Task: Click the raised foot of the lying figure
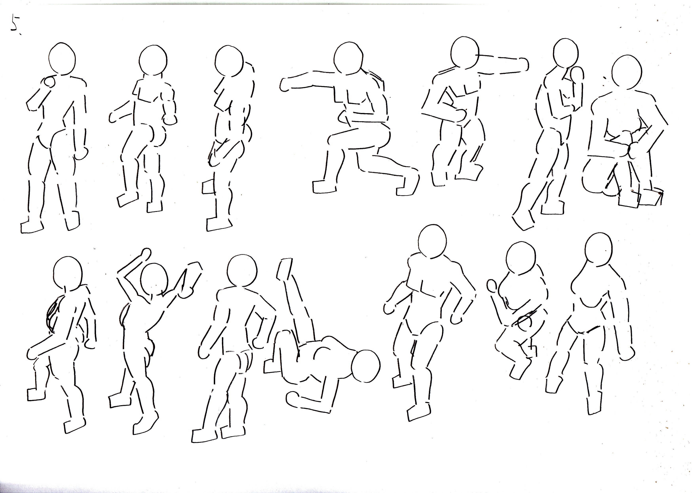[x=284, y=269]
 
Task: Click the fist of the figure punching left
[x=286, y=85]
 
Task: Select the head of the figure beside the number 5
[x=62, y=58]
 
